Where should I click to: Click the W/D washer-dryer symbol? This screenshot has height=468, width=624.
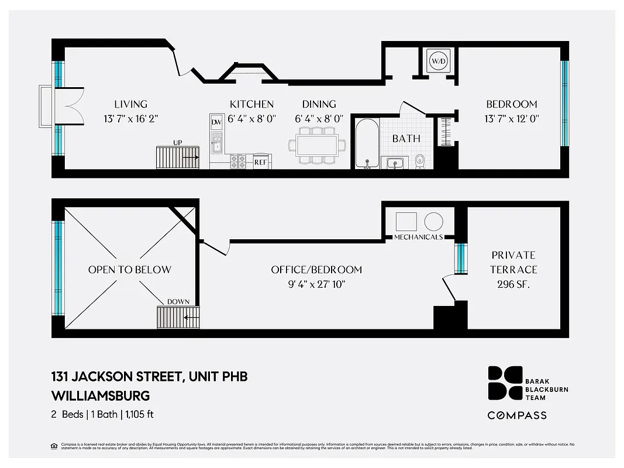click(x=438, y=61)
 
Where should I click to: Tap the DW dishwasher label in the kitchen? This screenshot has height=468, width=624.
click(x=216, y=122)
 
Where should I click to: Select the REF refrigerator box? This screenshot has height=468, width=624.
click(x=260, y=161)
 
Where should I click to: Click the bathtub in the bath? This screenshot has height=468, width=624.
click(x=367, y=143)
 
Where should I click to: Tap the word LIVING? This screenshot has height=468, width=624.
click(x=130, y=104)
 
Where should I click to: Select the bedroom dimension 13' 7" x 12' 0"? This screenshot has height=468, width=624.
click(x=512, y=118)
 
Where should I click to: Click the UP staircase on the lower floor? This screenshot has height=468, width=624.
click(x=178, y=157)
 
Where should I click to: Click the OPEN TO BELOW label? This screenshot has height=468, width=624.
click(x=130, y=270)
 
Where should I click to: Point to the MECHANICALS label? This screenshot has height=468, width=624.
click(x=418, y=237)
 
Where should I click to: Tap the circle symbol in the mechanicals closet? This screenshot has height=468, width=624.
click(x=433, y=221)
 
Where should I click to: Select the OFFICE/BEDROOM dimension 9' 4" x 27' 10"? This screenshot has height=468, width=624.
click(x=316, y=284)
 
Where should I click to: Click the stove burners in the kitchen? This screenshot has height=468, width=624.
click(x=239, y=161)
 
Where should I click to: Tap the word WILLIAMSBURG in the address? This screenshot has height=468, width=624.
click(x=100, y=395)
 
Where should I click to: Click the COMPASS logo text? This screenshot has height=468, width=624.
click(x=517, y=415)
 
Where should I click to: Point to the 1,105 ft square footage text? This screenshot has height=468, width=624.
click(x=139, y=415)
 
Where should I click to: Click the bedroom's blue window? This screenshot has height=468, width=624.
click(x=564, y=103)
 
